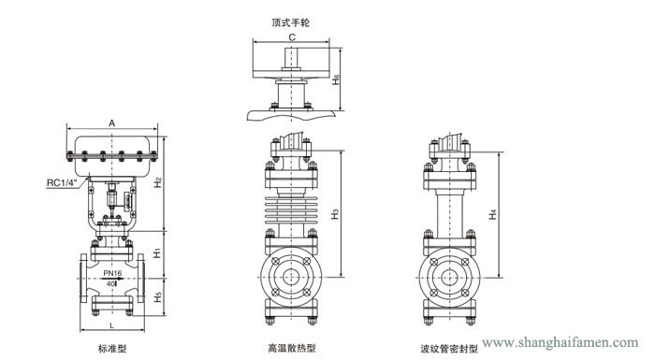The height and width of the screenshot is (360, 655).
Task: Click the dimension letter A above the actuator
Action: (x=110, y=122)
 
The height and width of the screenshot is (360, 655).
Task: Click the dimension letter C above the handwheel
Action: (x=292, y=36)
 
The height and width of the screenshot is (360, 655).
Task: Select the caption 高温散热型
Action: (x=292, y=347)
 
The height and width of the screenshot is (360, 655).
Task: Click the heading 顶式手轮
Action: (x=292, y=19)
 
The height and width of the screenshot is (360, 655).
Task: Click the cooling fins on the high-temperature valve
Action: (x=292, y=210)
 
